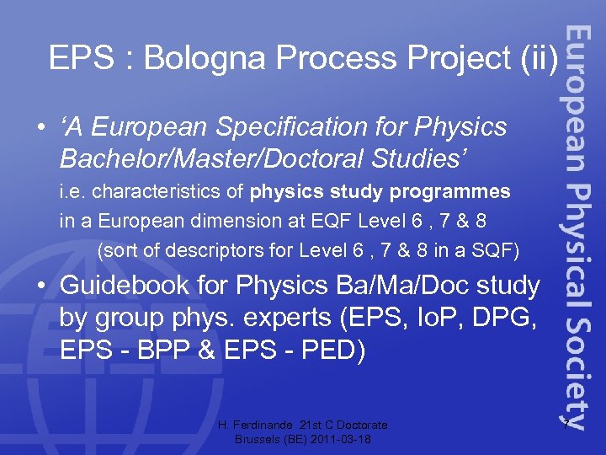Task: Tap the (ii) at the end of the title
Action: click(540, 58)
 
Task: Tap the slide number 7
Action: click(567, 424)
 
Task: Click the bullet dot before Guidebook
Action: click(40, 287)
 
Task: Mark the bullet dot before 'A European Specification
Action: click(40, 127)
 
